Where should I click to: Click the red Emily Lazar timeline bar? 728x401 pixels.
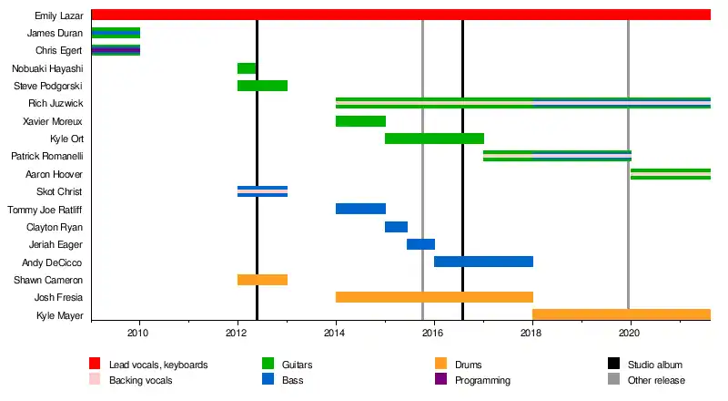400,15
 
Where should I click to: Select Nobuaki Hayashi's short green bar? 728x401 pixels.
247,68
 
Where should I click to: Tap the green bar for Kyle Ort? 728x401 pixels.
434,139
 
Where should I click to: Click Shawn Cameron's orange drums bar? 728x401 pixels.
262,280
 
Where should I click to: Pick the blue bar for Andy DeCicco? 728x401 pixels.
483,262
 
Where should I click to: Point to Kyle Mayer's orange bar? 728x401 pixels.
621,315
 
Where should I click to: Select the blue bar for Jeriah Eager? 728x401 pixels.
420,244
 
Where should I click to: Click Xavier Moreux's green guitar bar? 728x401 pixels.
360,121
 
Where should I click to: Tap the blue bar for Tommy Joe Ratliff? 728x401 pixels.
360,209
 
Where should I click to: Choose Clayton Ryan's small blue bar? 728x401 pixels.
396,227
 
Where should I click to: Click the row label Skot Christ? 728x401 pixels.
59,191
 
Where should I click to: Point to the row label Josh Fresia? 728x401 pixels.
58,298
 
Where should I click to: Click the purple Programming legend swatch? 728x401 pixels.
441,380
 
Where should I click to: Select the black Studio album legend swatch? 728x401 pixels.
614,365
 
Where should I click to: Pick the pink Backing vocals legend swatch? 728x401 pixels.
96,380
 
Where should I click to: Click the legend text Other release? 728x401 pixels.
659,380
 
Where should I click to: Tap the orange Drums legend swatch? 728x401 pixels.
441,365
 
